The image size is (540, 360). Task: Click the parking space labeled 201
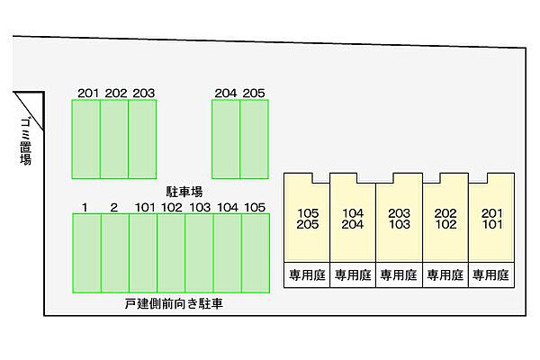point(86,139)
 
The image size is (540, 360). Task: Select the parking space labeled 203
point(142,139)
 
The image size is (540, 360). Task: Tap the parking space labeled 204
point(226,139)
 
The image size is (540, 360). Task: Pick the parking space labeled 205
point(254,139)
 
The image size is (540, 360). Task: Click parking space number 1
point(86,253)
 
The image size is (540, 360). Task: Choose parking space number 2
point(115,253)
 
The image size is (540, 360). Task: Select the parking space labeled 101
point(143,253)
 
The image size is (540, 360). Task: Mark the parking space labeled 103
point(199,253)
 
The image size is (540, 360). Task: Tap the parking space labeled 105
point(256,253)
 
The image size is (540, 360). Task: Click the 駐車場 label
point(184,192)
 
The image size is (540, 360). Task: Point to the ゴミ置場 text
point(25,141)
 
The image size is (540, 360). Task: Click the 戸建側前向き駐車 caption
point(174,304)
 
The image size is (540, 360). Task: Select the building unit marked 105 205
point(307,218)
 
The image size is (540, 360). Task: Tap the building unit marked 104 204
point(353,218)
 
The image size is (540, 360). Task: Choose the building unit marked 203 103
point(399,218)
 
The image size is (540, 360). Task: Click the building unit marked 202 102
point(445,218)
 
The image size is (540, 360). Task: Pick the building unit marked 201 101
point(491,218)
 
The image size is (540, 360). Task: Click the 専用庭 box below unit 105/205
point(307,274)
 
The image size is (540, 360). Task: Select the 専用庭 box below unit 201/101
point(491,274)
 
